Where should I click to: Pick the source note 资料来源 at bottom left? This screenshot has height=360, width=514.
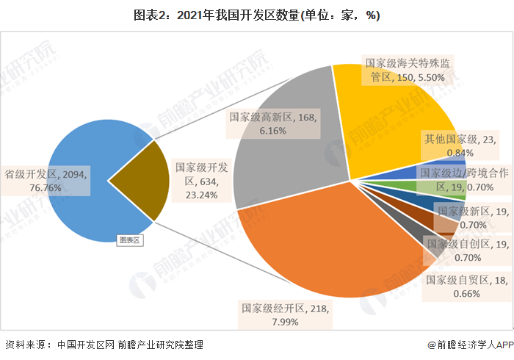coord(103,345)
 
